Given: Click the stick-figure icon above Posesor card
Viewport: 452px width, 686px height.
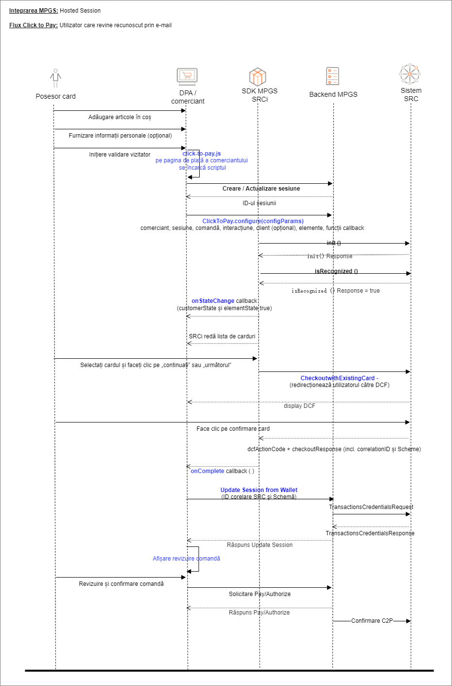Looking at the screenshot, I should click(x=55, y=78).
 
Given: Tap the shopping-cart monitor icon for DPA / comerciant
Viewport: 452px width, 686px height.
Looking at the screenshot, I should click(x=187, y=76).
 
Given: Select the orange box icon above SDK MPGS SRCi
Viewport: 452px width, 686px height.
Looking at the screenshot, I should click(x=258, y=77).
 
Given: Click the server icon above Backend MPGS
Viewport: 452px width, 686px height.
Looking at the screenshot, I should click(x=333, y=76).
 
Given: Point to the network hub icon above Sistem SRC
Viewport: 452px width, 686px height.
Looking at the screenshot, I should click(x=410, y=74).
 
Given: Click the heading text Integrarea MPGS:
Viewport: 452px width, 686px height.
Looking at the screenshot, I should click(x=34, y=11).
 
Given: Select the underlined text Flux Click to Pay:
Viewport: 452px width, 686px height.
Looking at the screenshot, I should click(x=34, y=25).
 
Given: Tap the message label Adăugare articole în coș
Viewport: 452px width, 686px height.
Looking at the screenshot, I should click(x=120, y=117).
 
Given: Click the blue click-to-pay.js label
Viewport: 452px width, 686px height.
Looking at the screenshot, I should click(x=202, y=154).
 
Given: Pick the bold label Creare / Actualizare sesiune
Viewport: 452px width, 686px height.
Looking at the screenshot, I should click(x=261, y=189).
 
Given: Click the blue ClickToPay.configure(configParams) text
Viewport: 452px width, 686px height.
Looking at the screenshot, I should click(x=253, y=221).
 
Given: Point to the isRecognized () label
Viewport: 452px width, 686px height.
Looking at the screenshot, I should click(x=336, y=271).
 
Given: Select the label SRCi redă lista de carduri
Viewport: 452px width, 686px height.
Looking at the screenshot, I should click(x=222, y=336).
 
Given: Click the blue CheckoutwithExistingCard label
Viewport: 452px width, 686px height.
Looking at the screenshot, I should click(x=339, y=378).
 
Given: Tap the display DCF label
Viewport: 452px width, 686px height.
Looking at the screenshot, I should click(x=299, y=406).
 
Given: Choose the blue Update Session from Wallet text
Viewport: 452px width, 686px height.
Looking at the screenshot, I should click(x=259, y=490).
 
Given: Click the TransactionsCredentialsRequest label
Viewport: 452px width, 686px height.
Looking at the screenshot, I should click(x=371, y=507).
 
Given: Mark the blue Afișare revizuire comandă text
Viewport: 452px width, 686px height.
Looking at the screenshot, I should click(x=186, y=559).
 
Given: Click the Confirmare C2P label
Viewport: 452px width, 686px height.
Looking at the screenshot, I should click(x=372, y=621).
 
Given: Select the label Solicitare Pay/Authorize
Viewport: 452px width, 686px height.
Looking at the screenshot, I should click(x=260, y=594).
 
